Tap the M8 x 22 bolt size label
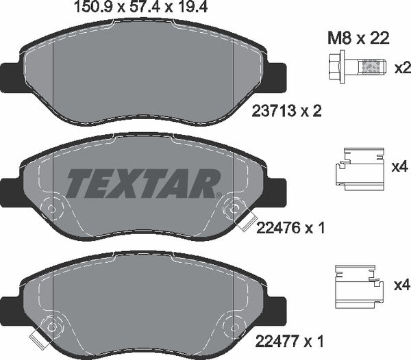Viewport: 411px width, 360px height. [358, 39]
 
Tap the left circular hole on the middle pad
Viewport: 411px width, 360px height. [51, 205]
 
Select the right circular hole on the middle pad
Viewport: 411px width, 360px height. [236, 205]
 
